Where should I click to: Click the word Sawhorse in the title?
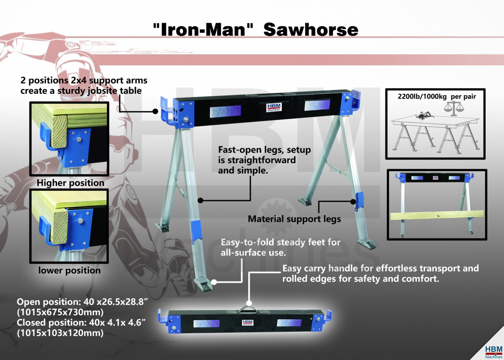pyautogui.click(x=311, y=30)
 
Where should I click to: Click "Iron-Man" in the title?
pyautogui.click(x=203, y=29)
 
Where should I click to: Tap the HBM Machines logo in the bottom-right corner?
pyautogui.click(x=494, y=352)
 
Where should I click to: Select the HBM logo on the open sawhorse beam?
pyautogui.click(x=274, y=107)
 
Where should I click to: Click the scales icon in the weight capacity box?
pyautogui.click(x=454, y=108)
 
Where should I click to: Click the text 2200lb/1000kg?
pyautogui.click(x=422, y=97)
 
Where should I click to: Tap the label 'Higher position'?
pyautogui.click(x=70, y=183)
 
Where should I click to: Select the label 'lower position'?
pyautogui.click(x=69, y=270)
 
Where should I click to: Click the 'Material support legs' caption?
pyautogui.click(x=294, y=219)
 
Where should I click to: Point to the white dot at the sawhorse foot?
pyautogui.click(x=214, y=282)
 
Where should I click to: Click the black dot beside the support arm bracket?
pyautogui.click(x=155, y=111)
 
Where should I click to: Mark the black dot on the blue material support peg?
pyautogui.click(x=353, y=202)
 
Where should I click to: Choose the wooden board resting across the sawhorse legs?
pyautogui.click(x=437, y=215)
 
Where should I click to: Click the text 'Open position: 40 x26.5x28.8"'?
pyautogui.click(x=82, y=302)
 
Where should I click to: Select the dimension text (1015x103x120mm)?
pyautogui.click(x=60, y=333)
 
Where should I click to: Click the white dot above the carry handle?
pyautogui.click(x=249, y=303)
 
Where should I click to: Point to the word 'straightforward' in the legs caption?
pyautogui.click(x=262, y=160)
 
